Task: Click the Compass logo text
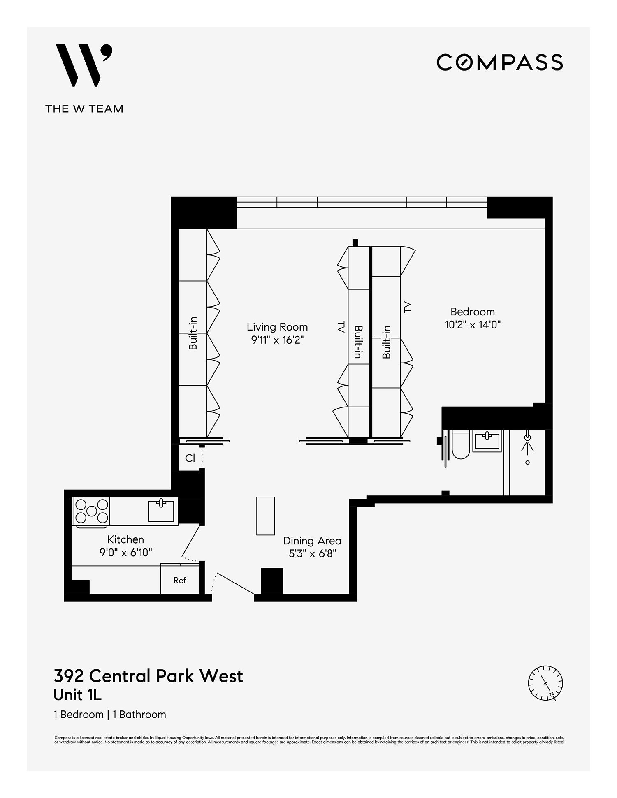499,62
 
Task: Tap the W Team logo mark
84,66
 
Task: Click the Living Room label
277,327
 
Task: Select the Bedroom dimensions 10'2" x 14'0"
473,325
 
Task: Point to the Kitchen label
125,539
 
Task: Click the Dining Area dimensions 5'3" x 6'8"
313,554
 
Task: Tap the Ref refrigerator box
180,580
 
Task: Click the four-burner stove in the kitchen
91,511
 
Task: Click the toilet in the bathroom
461,446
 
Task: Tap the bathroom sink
487,441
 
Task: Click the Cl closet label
190,458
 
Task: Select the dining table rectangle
265,516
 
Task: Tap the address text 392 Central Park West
148,676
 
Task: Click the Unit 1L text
77,695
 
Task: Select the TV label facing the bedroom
407,307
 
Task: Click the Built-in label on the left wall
193,333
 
